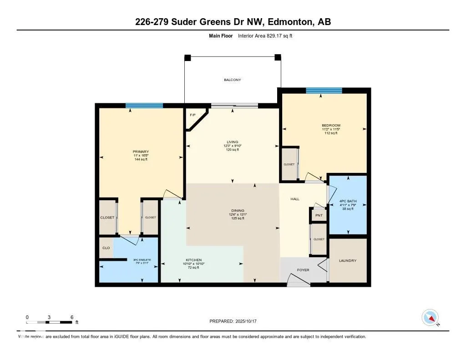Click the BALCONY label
(x=232, y=80)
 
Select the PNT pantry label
(x=319, y=215)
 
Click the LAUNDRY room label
(x=348, y=261)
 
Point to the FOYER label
(x=303, y=270)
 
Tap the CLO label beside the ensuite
(x=106, y=248)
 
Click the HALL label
(x=295, y=199)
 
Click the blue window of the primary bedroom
(x=144, y=106)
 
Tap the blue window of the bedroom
(x=324, y=90)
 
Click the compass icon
(x=431, y=318)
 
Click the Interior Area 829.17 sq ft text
(x=265, y=35)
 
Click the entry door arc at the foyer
(x=299, y=282)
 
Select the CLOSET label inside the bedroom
(x=289, y=164)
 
